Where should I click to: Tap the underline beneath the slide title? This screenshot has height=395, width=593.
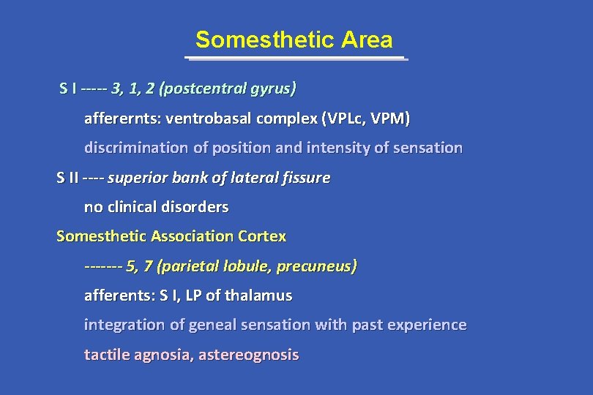tap(296, 58)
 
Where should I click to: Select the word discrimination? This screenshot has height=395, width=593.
tap(136, 148)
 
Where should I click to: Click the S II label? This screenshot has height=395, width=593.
tap(69, 178)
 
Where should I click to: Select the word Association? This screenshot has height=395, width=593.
tap(193, 236)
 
